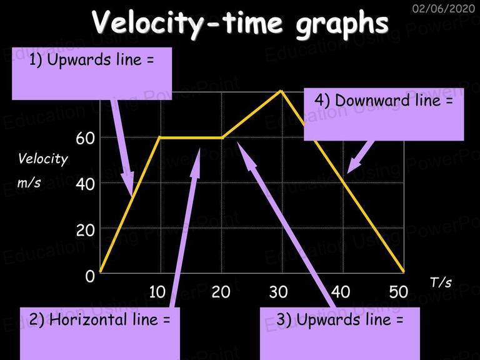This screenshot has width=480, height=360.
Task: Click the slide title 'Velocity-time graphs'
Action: (240, 23)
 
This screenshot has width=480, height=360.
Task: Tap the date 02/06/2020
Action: (444, 8)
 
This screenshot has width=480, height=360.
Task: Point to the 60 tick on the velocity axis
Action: (86, 138)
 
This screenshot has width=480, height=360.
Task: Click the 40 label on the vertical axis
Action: (86, 184)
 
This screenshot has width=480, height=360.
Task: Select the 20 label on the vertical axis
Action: (86, 230)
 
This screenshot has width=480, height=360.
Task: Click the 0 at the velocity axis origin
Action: (90, 276)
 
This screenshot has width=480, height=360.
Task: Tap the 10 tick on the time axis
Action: (157, 292)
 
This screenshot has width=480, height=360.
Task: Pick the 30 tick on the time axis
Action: (278, 292)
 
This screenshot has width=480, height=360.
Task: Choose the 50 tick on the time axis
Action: (399, 292)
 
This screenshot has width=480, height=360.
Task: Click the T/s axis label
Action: (441, 282)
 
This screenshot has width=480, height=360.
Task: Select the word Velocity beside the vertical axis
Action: (43, 159)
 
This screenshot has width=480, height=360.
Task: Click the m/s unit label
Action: (29, 182)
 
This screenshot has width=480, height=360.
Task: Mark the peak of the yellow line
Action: (281, 91)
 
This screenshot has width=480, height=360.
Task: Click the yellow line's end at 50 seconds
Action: (404, 271)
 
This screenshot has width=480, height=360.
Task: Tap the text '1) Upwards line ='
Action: (91, 59)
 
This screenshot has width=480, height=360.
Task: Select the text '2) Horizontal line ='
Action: (99, 319)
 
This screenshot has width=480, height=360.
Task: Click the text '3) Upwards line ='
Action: (340, 319)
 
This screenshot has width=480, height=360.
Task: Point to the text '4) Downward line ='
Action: (384, 101)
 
